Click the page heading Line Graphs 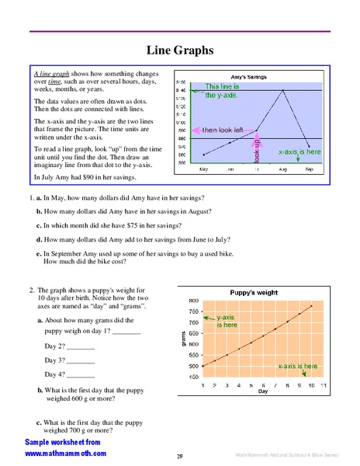coord(180,50)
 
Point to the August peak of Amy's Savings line coord(283,90)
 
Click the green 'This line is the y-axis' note coord(221,91)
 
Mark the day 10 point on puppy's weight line coord(311,306)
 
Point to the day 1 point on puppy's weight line coord(202,365)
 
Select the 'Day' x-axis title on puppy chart coord(262,392)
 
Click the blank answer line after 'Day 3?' coord(81,362)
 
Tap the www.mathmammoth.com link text coord(65,453)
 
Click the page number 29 coord(179,456)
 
